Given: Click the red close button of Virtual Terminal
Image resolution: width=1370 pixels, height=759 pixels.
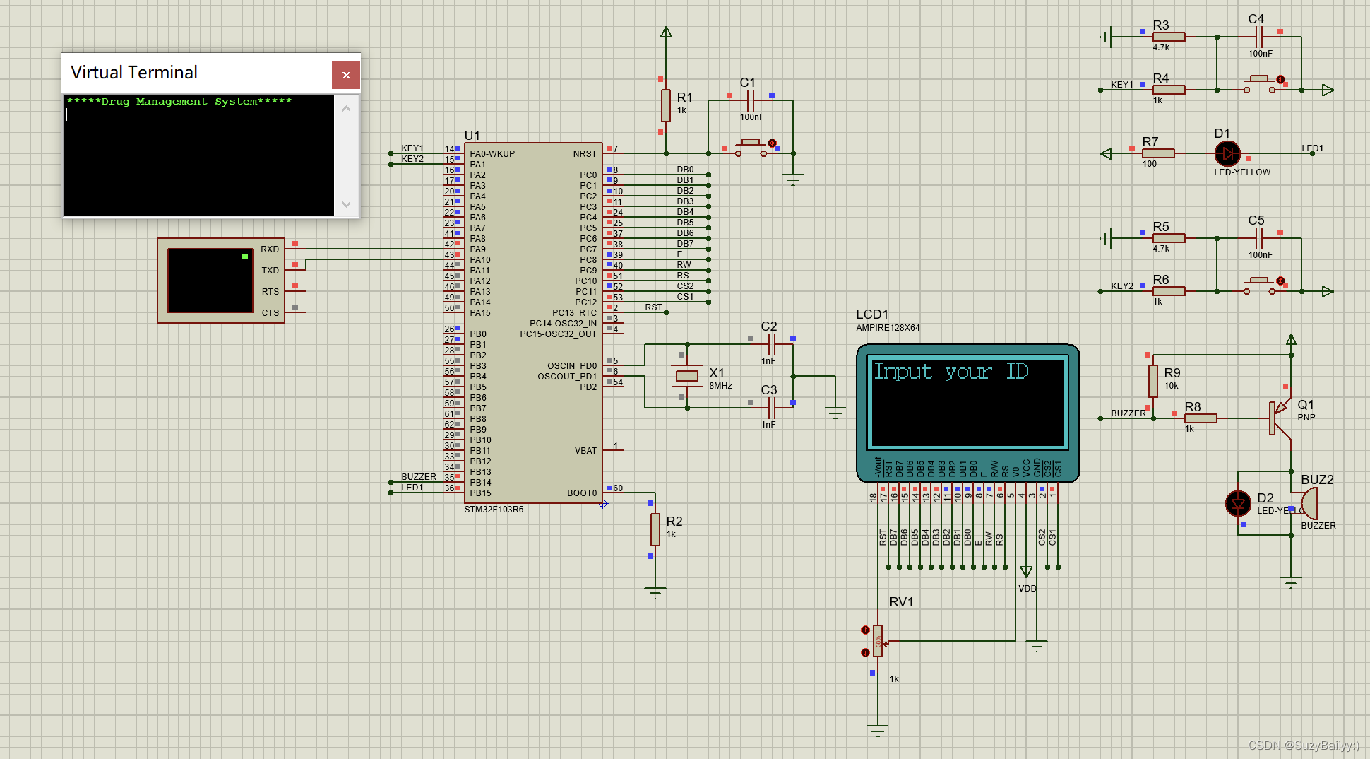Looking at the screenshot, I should click(x=346, y=75).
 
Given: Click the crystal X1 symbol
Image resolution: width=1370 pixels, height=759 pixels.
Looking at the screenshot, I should click(x=686, y=376).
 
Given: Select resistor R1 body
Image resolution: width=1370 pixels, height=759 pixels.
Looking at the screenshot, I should click(x=665, y=105).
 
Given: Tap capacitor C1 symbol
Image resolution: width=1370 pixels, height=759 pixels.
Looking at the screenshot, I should click(x=751, y=100).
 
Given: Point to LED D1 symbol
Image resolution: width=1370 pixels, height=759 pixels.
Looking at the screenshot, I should click(x=1227, y=153).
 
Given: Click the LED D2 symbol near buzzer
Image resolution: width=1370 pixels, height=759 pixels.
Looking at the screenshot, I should click(x=1238, y=503).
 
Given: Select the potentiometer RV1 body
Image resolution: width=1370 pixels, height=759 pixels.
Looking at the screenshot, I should click(x=877, y=641).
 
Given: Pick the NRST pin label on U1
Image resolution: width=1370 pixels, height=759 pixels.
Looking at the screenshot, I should click(x=585, y=153).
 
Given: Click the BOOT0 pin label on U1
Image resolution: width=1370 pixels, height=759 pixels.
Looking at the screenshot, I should click(x=582, y=493).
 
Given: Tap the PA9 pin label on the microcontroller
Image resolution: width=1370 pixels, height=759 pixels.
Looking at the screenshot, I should click(x=478, y=249).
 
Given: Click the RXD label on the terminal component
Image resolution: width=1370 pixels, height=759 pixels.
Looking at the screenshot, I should click(x=270, y=249).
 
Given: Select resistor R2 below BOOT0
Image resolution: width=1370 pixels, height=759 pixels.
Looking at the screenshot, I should click(x=655, y=529).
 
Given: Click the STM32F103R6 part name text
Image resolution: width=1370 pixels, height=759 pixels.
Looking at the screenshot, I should click(x=494, y=509).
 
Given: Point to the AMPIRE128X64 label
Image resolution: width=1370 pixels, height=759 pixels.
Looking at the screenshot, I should click(x=888, y=328).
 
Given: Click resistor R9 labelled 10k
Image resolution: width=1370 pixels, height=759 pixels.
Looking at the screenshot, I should click(x=1152, y=381).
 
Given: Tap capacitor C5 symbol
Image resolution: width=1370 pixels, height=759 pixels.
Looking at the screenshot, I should click(x=1259, y=238).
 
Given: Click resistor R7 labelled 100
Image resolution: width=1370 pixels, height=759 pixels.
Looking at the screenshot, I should click(x=1158, y=153).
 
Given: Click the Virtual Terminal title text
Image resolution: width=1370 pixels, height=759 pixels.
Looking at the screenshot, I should click(x=134, y=73).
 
